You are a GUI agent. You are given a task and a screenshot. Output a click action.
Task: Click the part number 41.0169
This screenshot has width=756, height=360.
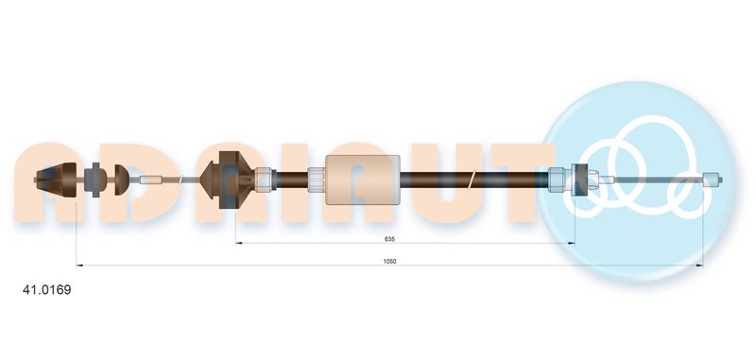[x=46, y=290]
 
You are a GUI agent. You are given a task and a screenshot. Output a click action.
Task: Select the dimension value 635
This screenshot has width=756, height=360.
[x=389, y=238]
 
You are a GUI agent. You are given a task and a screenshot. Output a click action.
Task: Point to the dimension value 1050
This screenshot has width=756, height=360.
[x=389, y=261]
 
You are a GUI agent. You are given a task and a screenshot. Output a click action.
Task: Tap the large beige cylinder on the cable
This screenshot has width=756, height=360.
[x=363, y=180]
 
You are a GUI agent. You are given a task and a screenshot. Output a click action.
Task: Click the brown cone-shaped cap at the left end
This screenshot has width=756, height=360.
[x=57, y=180]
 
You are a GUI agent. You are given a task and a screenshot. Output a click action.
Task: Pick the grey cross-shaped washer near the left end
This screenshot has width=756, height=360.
[x=92, y=180]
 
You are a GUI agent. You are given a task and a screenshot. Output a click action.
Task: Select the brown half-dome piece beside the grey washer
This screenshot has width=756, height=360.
[x=121, y=180]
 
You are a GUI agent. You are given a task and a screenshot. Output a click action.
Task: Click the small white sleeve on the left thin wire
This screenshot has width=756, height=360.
[x=150, y=180]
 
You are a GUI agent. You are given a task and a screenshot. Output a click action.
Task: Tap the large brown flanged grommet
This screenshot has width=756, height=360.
[x=227, y=180]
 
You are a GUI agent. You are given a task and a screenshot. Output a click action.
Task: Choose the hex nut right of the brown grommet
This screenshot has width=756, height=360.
[x=265, y=179]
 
